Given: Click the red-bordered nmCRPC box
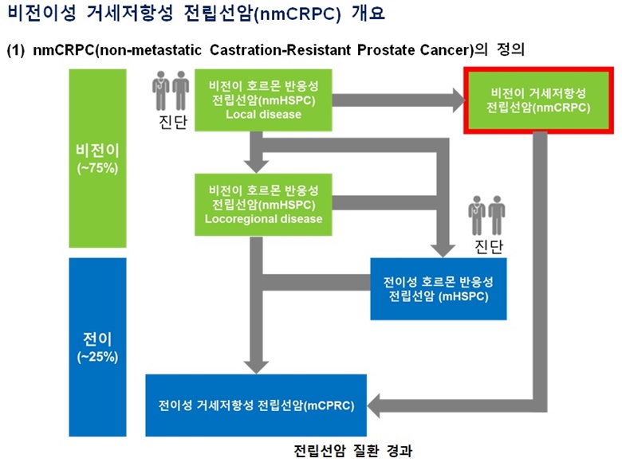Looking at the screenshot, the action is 539,100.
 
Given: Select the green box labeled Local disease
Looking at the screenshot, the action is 263,100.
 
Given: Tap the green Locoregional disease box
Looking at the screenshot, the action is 263,205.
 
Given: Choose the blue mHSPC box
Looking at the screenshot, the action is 439,289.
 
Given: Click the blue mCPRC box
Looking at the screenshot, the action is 256,405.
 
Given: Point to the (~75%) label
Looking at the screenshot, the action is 97,168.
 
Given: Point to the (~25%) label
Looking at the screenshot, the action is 97,357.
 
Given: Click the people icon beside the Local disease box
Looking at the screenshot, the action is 171,91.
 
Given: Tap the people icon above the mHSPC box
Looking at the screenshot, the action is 486,216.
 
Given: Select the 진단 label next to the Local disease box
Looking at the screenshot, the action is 173,122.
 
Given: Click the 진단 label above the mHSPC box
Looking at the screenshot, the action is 489,246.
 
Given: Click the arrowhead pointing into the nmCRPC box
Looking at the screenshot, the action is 459,100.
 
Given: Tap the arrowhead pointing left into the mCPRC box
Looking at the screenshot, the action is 374,405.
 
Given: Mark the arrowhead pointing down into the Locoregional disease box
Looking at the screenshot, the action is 256,166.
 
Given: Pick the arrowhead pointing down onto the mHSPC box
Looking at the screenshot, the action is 443,251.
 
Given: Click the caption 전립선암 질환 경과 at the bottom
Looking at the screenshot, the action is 353,451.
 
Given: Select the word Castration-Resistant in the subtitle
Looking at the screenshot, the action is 280,50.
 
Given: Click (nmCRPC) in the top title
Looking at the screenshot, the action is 297,14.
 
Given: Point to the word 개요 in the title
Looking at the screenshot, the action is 368,13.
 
